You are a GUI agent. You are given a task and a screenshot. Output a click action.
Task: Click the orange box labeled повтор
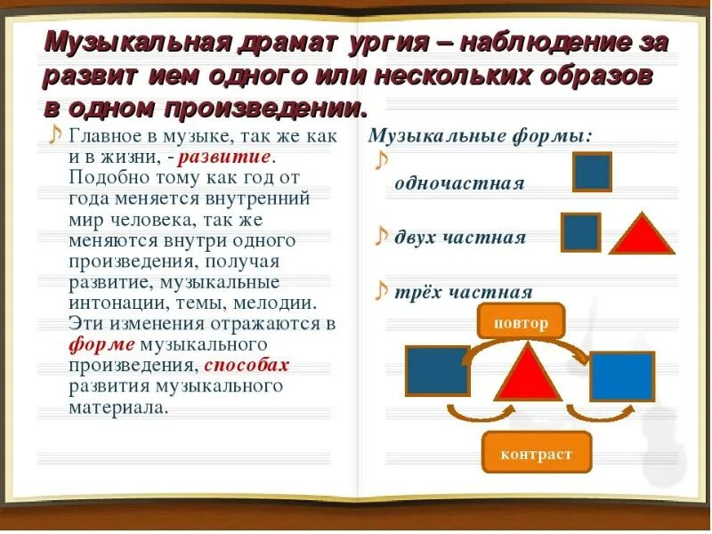click(521, 322)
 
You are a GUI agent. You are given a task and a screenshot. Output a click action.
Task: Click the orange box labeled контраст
click(537, 453)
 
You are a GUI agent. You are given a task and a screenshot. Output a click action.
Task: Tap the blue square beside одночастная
click(592, 172)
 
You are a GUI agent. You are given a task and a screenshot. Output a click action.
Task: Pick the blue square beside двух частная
click(581, 232)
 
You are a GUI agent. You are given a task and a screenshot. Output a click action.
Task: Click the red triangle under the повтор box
click(527, 372)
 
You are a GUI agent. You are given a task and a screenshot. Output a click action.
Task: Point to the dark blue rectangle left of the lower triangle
click(437, 370)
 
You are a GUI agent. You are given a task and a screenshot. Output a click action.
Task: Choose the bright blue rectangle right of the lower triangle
click(622, 376)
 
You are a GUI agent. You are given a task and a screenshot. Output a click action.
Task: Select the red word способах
click(247, 365)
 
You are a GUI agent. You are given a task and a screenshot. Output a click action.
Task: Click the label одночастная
click(459, 183)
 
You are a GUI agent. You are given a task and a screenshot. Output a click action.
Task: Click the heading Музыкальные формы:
click(480, 136)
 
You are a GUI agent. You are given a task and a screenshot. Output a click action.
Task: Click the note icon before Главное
click(54, 134)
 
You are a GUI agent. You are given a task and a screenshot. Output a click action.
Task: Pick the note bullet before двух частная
click(381, 236)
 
